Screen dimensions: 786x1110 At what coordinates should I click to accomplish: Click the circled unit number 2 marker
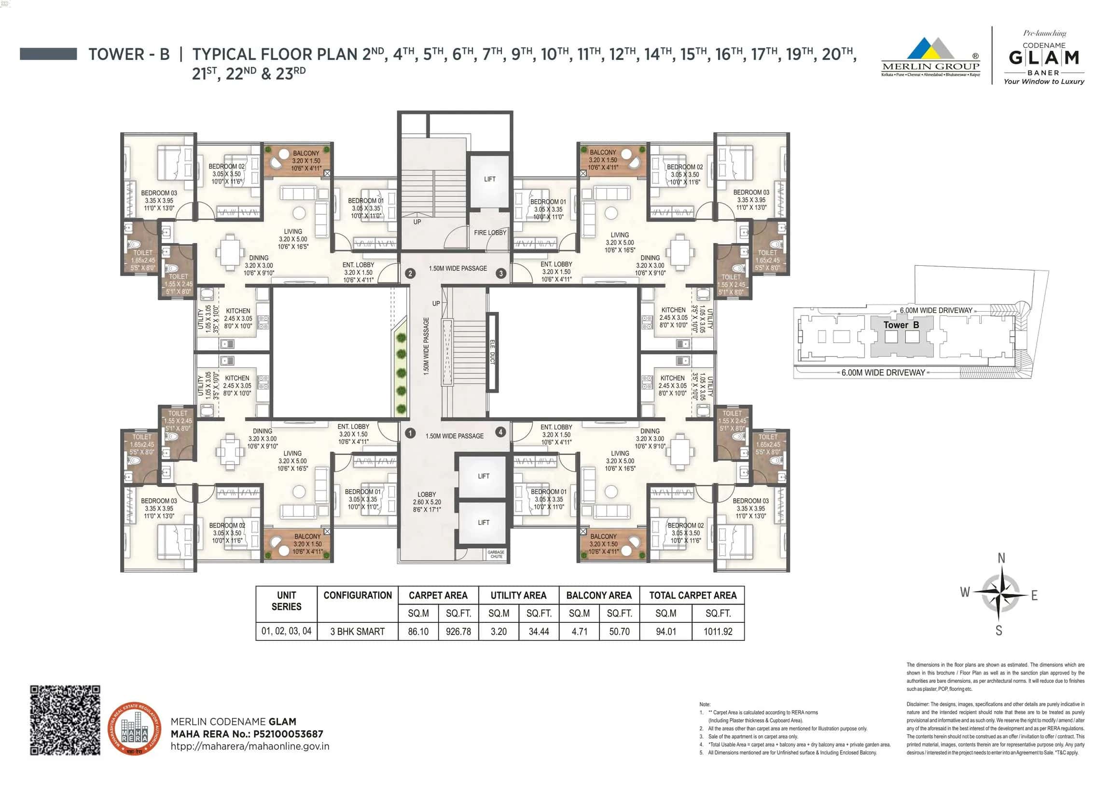coord(410,274)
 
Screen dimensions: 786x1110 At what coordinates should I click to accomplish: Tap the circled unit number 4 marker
coord(500,432)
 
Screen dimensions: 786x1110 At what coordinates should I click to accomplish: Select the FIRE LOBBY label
coord(490,233)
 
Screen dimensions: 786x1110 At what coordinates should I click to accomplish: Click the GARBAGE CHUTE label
coord(496,554)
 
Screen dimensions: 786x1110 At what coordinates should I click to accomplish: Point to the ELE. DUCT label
coord(492,352)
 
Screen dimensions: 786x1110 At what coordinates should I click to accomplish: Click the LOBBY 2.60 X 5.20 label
coord(427,502)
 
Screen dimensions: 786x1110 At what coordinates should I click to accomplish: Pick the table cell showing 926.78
coord(458,631)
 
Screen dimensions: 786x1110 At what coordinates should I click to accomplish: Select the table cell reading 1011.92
coord(718,631)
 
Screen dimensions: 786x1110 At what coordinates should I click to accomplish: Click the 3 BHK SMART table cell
coord(357,631)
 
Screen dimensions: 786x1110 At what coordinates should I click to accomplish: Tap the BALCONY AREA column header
coord(599,595)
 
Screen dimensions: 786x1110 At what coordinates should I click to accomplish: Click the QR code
coord(65,720)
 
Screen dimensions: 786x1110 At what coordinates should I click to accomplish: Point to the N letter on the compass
coord(1001,558)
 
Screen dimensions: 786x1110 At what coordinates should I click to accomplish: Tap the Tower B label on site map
coord(901,325)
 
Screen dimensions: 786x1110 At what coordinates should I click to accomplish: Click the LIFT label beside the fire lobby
coord(489,179)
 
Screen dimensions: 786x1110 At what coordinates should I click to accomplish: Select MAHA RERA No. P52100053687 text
coord(247,734)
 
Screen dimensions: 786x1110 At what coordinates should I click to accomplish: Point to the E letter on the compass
coord(1034,595)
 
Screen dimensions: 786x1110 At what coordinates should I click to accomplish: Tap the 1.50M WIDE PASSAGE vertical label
coord(426,346)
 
